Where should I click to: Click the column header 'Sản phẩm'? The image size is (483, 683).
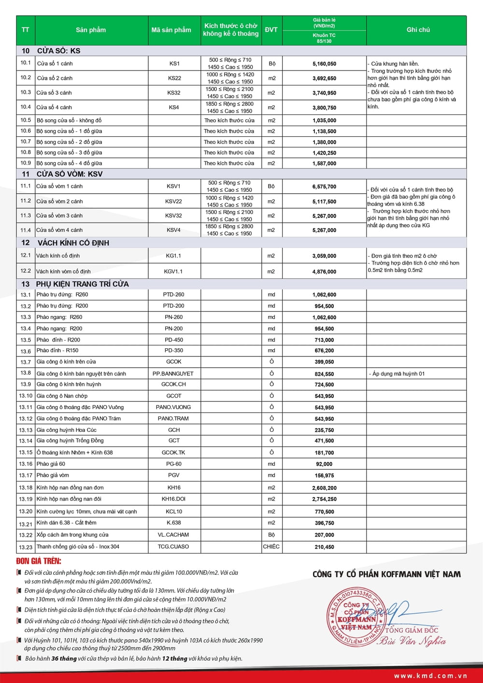(91, 30)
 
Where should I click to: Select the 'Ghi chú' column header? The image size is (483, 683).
(418, 30)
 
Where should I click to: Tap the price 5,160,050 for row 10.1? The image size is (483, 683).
(324, 64)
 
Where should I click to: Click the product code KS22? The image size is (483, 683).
(174, 78)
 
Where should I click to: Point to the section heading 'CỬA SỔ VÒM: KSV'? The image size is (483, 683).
(70, 174)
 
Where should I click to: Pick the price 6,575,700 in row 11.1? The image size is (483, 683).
(324, 186)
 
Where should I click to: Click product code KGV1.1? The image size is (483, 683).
(173, 271)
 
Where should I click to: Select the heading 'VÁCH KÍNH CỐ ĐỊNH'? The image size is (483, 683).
(73, 243)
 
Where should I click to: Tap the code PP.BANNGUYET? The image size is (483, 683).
(173, 374)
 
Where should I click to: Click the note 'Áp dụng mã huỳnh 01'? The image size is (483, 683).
(398, 374)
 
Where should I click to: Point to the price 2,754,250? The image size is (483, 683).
(324, 499)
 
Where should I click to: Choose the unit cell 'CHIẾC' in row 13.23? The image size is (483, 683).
(271, 547)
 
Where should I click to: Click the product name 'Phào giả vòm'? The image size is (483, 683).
(53, 475)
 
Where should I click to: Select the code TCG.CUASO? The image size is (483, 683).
(173, 547)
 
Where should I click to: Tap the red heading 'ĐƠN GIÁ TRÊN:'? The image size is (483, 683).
(39, 561)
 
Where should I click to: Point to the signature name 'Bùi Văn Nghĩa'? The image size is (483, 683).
(412, 641)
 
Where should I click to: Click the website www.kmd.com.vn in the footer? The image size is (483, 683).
(430, 676)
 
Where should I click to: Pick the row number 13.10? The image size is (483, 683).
(26, 396)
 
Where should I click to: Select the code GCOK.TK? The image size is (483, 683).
(173, 453)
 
